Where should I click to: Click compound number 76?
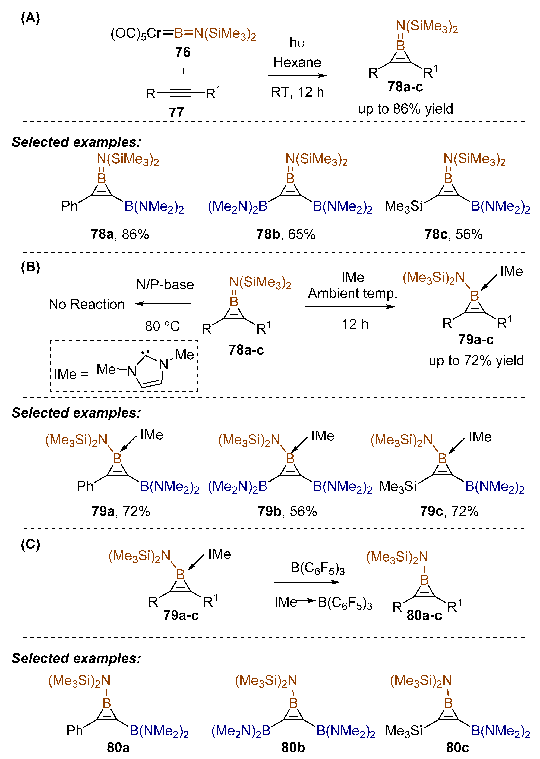(x=183, y=52)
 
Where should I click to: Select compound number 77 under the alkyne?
(x=176, y=113)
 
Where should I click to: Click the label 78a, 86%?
(x=120, y=234)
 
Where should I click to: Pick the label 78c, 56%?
(x=453, y=234)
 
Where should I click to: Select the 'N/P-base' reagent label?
(x=165, y=285)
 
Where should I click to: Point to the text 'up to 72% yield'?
(x=476, y=360)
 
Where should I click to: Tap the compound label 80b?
(x=293, y=747)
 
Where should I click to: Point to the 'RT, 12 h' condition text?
(x=297, y=92)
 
